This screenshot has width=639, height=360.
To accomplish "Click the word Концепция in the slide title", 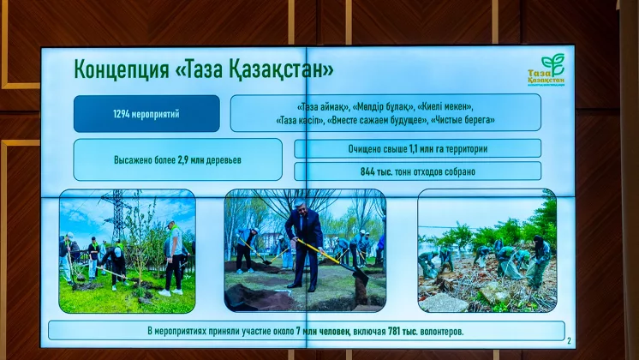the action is [122, 69].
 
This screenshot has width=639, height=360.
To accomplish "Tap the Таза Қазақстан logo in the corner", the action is [546, 70].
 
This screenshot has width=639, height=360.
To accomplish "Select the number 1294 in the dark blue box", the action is [122, 114].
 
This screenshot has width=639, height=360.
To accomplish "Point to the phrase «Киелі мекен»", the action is [445, 108].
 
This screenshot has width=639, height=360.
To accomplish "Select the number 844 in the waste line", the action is [367, 171].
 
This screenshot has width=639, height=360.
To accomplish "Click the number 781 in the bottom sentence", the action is [395, 331].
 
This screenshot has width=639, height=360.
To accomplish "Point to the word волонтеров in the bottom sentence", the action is [441, 332].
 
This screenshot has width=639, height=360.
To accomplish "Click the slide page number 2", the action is [569, 341].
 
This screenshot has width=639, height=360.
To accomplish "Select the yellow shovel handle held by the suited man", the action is [320, 251].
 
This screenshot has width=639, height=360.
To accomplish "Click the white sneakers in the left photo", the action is [170, 292].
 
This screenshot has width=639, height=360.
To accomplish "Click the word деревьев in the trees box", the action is [224, 160].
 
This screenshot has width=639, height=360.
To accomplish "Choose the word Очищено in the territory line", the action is [363, 149].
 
